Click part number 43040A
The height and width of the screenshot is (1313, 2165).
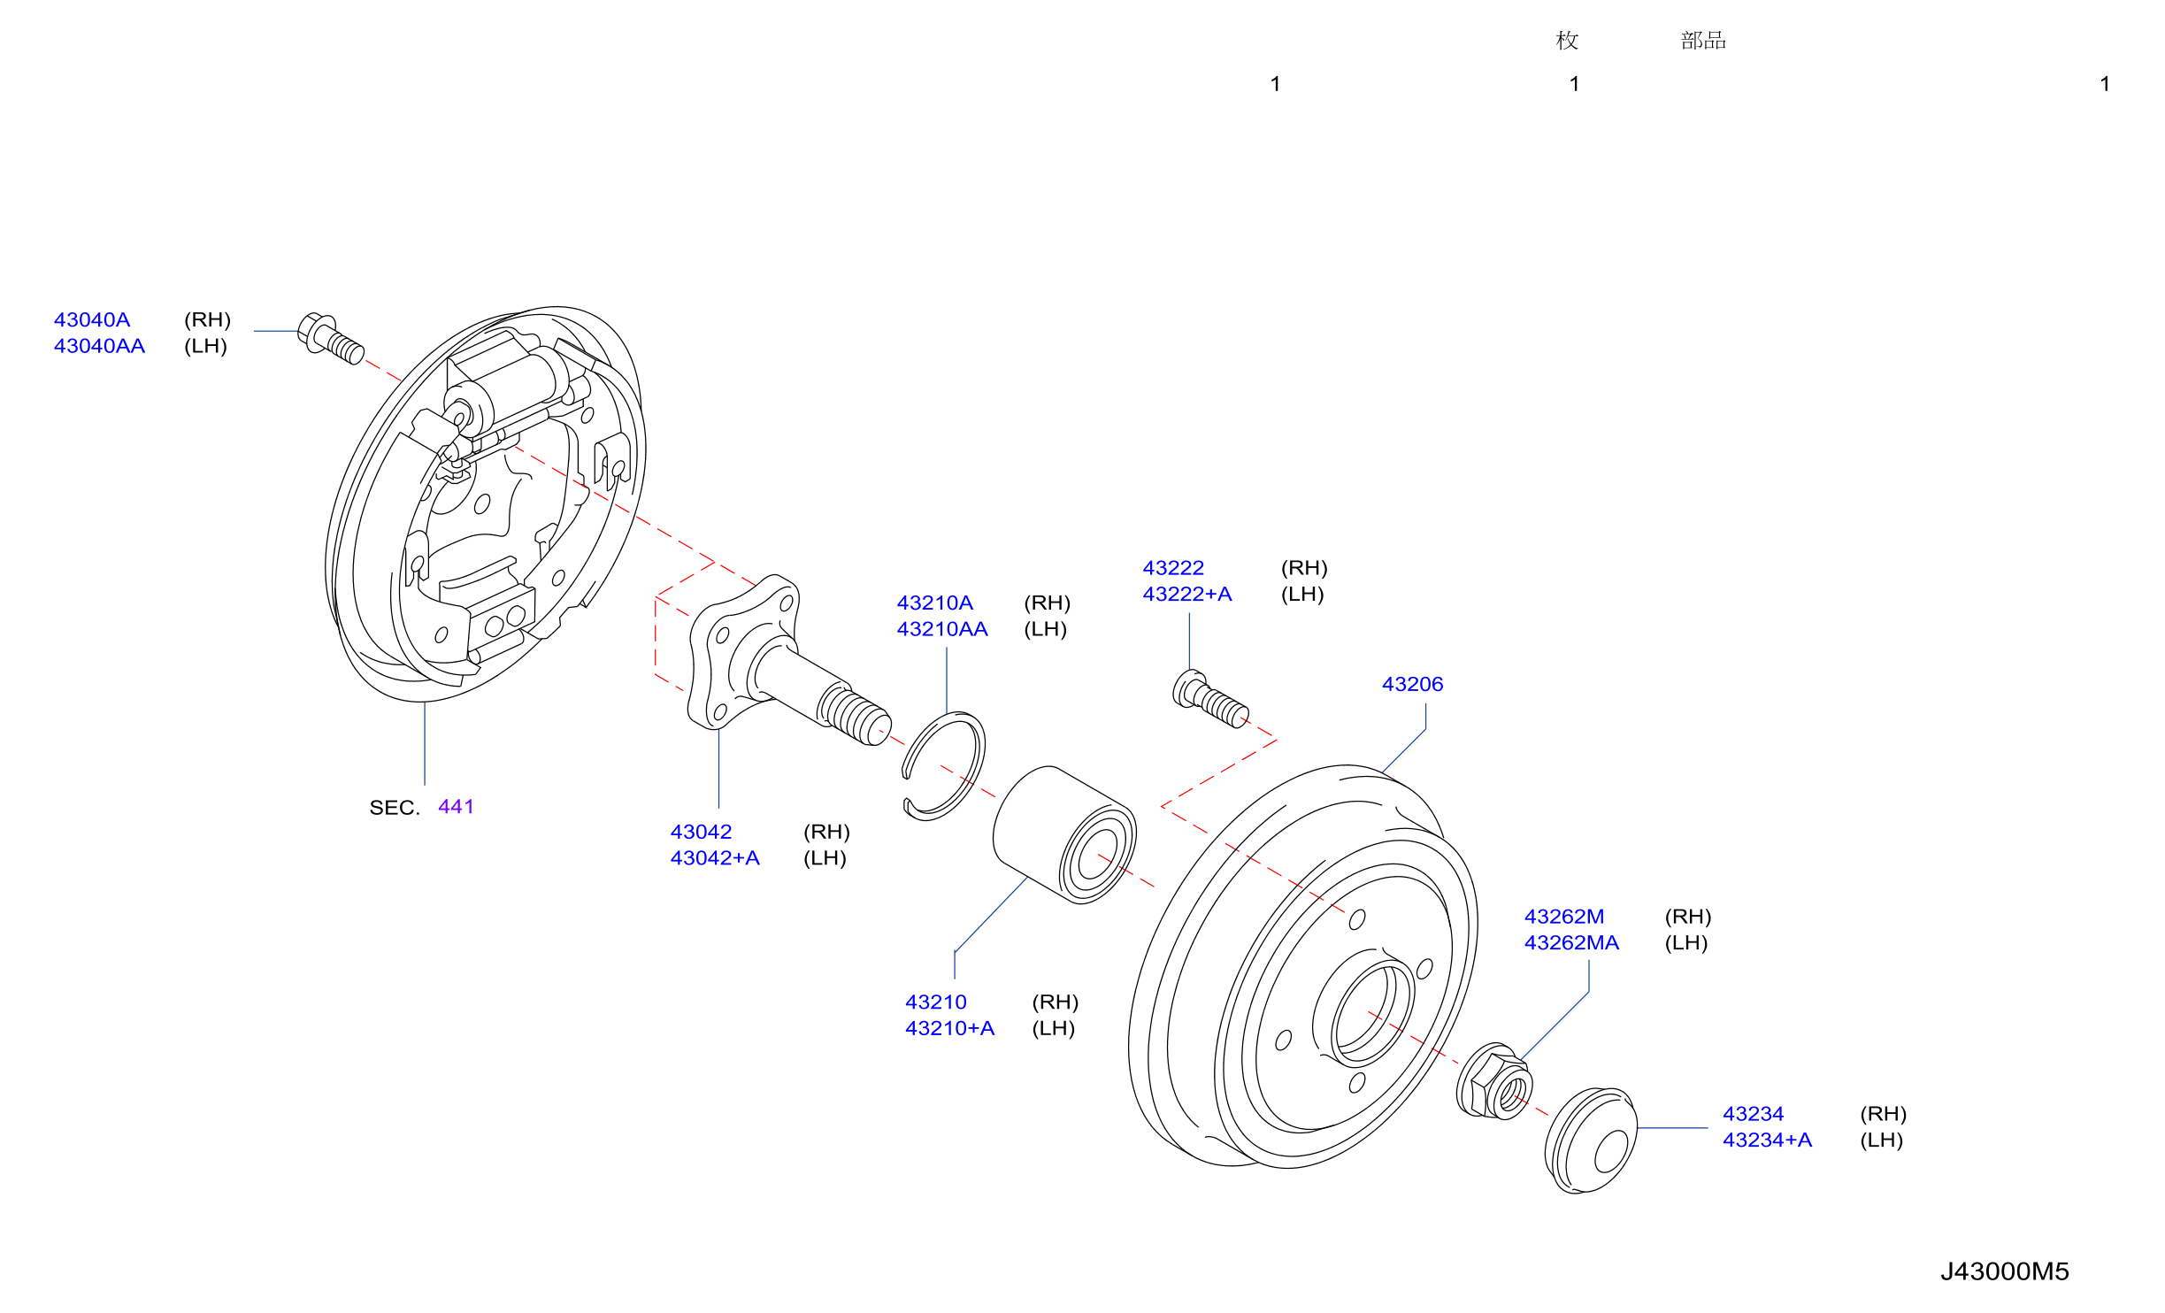92,319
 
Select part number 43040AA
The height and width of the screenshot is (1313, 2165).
99,346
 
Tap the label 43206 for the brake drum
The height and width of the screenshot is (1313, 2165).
1412,684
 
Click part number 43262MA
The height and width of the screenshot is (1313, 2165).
1571,943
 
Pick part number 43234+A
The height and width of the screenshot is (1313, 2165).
1767,1140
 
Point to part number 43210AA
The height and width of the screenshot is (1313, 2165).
942,629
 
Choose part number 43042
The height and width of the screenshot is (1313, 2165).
701,832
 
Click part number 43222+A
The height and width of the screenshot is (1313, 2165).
1187,595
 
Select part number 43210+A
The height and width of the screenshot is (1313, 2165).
949,1029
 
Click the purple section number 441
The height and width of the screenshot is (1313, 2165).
457,807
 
